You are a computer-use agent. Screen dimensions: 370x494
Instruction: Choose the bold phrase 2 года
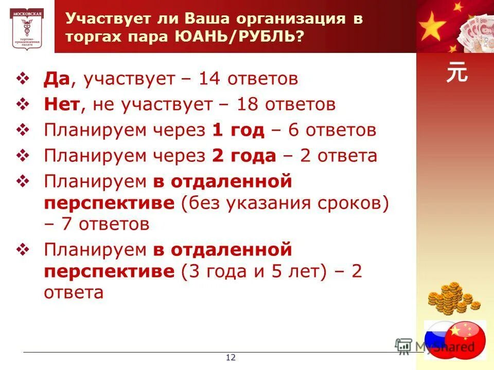[x=244, y=156]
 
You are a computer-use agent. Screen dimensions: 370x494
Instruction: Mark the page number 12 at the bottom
[x=231, y=358]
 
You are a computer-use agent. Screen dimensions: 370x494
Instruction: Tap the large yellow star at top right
[x=433, y=26]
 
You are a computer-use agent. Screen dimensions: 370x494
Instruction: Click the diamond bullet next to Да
[x=25, y=79]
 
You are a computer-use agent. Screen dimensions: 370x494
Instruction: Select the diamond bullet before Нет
[x=25, y=105]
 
